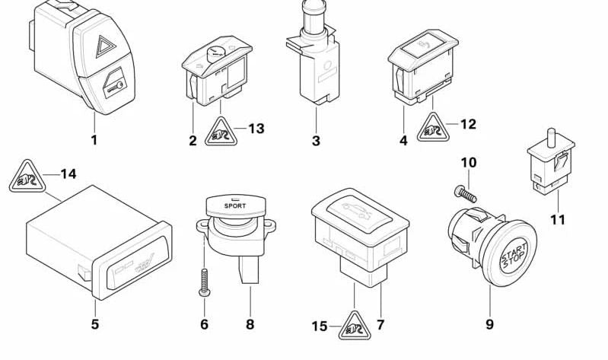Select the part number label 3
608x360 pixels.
pos(316,141)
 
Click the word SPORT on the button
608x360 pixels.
pos(235,205)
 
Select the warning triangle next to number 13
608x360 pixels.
pos(221,135)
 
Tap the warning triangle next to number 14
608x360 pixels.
pos(24,180)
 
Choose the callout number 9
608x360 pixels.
pos(489,324)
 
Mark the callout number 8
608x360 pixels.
pos(250,324)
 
